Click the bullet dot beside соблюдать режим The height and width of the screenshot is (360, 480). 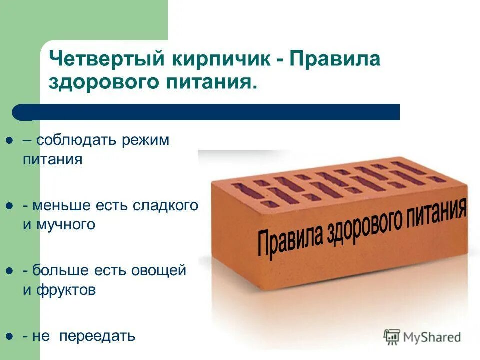click(x=9, y=141)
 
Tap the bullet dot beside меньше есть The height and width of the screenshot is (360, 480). click(x=9, y=205)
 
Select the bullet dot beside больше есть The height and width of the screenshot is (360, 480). click(x=9, y=271)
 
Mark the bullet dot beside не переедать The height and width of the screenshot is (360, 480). click(x=9, y=336)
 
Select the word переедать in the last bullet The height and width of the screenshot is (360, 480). click(x=97, y=336)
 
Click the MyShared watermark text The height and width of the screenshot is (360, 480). click(x=433, y=337)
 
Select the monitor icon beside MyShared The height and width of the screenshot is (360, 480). click(x=392, y=336)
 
